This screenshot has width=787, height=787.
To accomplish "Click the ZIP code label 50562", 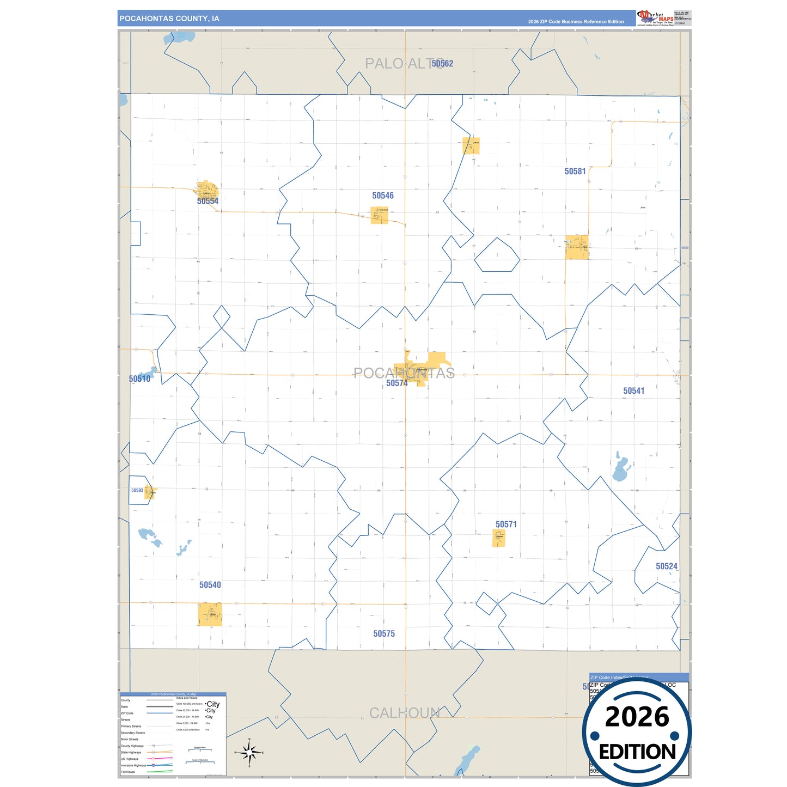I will coord(442,64).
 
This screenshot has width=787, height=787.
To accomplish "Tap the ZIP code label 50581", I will coord(575,172).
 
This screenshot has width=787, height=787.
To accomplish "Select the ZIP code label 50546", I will coord(383,196).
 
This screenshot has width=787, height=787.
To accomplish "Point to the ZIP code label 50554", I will coord(208,202).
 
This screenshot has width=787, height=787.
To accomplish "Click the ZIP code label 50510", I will coord(139,379).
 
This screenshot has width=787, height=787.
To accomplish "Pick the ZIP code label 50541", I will coord(633,391).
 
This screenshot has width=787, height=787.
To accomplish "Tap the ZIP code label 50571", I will coord(506,524).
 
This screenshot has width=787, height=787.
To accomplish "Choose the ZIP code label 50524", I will coord(667,566).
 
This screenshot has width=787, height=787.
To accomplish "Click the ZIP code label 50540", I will coord(210,585).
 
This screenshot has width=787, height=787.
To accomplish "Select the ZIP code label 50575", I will coord(384,634).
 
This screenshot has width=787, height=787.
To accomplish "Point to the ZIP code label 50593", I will coord(137,490).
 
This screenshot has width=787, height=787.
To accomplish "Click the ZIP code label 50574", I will coord(396,383).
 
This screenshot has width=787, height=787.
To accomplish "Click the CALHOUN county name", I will coord(404,713).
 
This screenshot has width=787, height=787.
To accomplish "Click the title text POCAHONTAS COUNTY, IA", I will coord(169,19).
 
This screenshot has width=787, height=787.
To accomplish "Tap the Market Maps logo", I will coord(656,18).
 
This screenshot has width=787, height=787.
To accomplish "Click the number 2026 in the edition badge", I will coord(637,717).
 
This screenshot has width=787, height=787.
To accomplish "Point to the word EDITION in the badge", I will coord(637,752).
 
